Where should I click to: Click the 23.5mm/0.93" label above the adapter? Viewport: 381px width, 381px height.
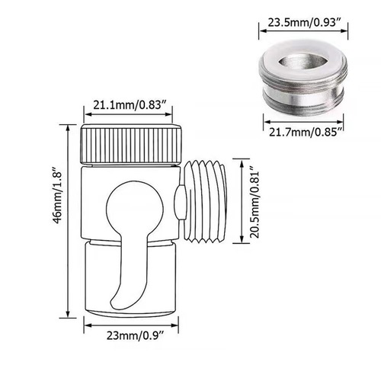[304, 24]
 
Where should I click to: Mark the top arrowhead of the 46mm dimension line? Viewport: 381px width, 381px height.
[69, 123]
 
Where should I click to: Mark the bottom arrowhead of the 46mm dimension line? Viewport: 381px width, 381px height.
[69, 313]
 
